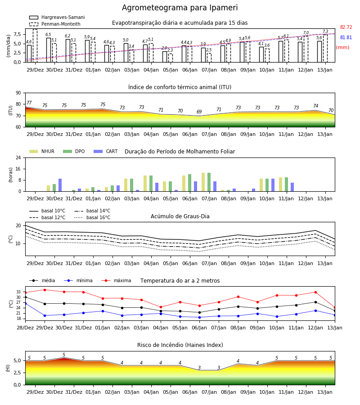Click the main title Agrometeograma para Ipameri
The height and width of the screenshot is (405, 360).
pos(180,8)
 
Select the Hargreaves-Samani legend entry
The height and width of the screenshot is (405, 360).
pos(57,17)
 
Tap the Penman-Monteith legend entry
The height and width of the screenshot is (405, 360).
pos(55,24)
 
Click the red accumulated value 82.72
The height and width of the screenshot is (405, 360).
pos(346,27)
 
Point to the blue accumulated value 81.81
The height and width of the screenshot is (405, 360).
pos(346,37)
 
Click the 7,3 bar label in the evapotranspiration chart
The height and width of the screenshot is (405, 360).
pos(325,31)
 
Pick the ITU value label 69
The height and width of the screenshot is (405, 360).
pos(199,112)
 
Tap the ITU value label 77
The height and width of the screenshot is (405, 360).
pos(29,103)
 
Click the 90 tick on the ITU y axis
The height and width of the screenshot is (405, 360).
pos(18,93)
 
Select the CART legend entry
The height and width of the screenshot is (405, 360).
pos(106,151)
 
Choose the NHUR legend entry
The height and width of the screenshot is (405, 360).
pos(42,151)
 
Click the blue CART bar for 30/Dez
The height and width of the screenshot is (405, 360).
pos(60,185)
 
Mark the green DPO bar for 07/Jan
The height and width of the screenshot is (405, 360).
pos(209,182)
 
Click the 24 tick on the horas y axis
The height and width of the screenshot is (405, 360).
pos(18,157)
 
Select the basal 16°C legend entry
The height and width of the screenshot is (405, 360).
pos(92,217)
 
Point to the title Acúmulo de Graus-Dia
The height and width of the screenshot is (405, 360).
pos(180,216)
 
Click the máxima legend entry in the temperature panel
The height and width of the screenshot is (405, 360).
pos(116,280)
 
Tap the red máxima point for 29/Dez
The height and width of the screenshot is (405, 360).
pos(45,290)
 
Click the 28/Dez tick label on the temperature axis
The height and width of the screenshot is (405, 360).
pos(25,328)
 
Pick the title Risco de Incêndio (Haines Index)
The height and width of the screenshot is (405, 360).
pos(180,345)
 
